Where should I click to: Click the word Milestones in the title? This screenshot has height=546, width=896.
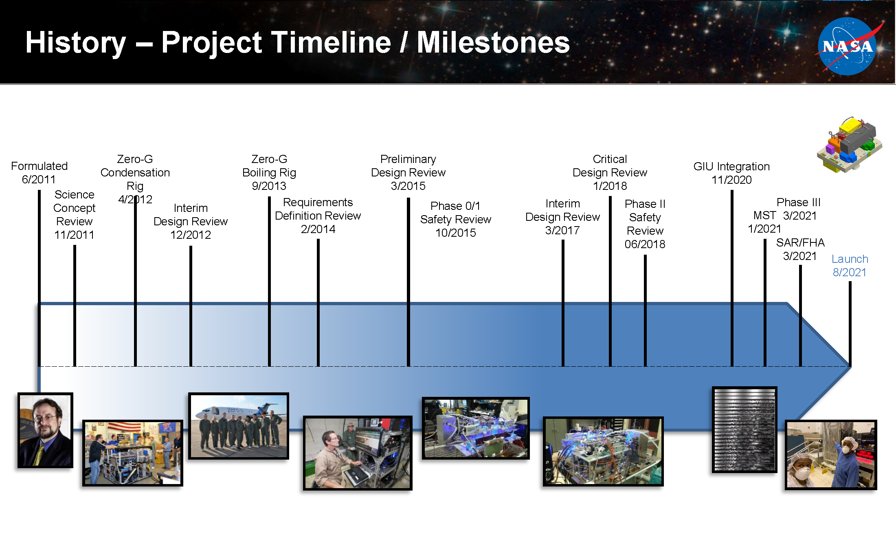(x=493, y=42)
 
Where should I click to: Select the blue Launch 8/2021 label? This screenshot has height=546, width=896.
(x=850, y=266)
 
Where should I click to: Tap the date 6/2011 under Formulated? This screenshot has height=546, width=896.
(x=39, y=179)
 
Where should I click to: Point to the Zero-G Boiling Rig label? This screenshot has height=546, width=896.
(x=269, y=172)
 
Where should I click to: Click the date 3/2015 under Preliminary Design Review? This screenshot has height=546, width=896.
(x=408, y=186)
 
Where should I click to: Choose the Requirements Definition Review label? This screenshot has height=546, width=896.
(x=318, y=216)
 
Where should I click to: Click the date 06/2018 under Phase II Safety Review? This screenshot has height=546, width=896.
(x=645, y=244)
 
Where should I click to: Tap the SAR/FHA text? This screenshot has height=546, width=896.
(x=800, y=242)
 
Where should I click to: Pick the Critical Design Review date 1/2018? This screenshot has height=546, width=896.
(x=610, y=186)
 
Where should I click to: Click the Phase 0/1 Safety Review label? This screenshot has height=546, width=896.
(x=456, y=219)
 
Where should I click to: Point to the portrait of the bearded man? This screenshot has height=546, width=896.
(x=45, y=430)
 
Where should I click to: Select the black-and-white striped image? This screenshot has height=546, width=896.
(x=744, y=429)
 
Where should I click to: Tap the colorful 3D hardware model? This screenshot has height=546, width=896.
(x=849, y=145)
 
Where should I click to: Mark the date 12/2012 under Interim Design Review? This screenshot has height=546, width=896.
(x=191, y=235)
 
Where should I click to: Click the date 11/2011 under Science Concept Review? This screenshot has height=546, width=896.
(x=74, y=235)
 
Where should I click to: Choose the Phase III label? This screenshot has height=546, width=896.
(x=799, y=202)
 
